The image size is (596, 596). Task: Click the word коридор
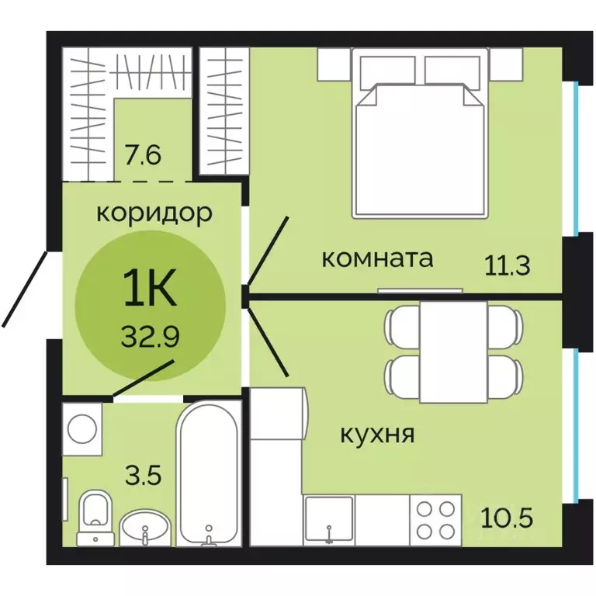coord(154,213)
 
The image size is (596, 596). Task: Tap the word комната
coord(376,258)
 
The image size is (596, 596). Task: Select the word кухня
coord(377,434)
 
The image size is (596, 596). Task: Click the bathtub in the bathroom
coord(208,473)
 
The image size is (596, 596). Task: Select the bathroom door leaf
coord(144,379)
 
